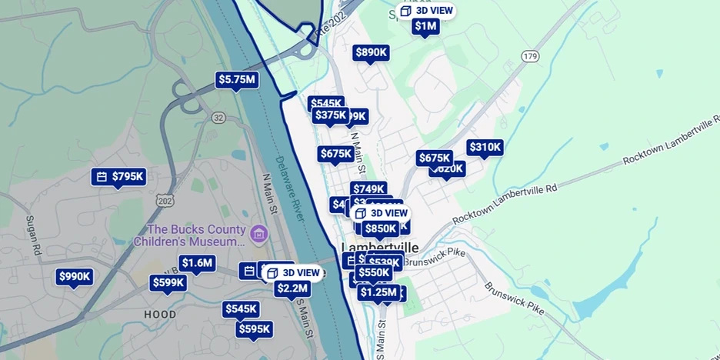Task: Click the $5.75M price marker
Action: (x=236, y=79)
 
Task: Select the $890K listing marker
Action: (x=371, y=52)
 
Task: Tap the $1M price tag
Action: (x=425, y=26)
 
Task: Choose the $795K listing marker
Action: (x=120, y=177)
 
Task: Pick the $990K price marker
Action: (x=75, y=277)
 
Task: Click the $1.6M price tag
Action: (x=197, y=263)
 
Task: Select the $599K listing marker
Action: (x=168, y=282)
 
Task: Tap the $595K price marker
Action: (x=255, y=329)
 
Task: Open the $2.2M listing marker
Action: (x=292, y=288)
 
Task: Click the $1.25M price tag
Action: (x=378, y=292)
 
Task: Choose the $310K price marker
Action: (x=485, y=147)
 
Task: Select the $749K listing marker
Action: (x=368, y=188)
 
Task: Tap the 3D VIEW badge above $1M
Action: (x=426, y=11)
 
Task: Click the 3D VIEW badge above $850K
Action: (x=381, y=213)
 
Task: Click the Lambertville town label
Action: (x=380, y=248)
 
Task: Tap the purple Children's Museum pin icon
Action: (x=258, y=233)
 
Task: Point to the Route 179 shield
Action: (x=529, y=56)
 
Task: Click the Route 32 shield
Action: (x=219, y=118)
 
